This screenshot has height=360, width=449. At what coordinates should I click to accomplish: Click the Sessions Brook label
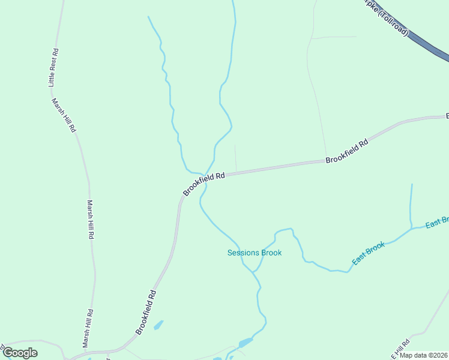(x=255, y=253)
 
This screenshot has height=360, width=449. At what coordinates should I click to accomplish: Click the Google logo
(x=20, y=353)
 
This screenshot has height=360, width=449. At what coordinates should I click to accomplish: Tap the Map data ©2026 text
(x=423, y=355)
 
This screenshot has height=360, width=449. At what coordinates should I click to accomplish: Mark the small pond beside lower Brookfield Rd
(x=158, y=325)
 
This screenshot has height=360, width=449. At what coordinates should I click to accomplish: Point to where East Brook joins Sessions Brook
(x=254, y=272)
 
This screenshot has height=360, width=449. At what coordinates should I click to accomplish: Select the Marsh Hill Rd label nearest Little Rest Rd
(x=62, y=115)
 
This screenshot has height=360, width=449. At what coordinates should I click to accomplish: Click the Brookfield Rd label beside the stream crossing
(x=204, y=183)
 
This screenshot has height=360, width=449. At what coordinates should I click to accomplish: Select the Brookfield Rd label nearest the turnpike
(x=346, y=152)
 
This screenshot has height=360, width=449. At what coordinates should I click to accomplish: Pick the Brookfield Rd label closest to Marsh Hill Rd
(x=146, y=312)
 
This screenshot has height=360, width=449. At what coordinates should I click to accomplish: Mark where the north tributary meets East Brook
(x=411, y=228)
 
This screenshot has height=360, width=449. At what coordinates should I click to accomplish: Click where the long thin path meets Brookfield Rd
(x=326, y=161)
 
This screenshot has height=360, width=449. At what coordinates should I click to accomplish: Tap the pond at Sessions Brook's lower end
(x=245, y=343)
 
